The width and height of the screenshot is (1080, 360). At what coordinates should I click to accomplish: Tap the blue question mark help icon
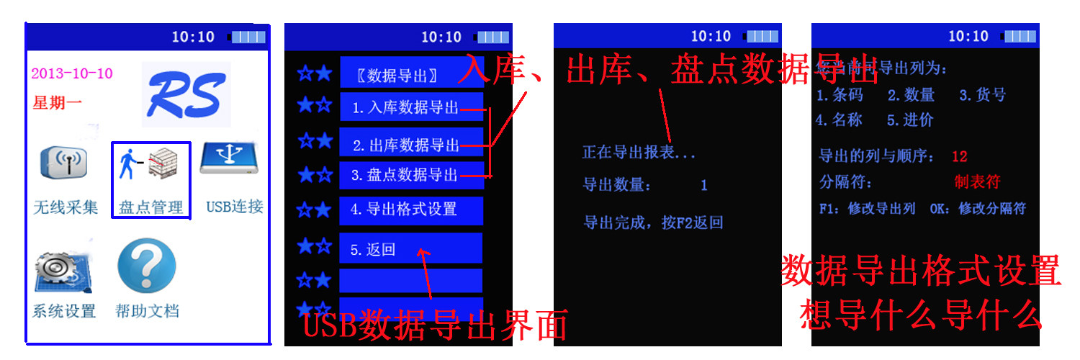point(147,266)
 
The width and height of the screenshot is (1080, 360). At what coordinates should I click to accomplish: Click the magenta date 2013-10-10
point(72,73)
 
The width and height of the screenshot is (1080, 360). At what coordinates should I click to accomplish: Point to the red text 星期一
point(57,103)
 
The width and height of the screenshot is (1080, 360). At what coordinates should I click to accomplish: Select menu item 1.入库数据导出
point(410,108)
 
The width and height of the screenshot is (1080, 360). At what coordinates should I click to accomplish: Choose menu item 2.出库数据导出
point(410,145)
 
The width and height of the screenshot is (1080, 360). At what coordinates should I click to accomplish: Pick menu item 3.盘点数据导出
point(410,175)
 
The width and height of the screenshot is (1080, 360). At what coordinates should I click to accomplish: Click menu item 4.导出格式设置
point(410,210)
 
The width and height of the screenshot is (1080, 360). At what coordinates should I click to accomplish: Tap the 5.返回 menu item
point(410,249)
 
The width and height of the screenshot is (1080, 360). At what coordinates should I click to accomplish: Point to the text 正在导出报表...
point(639,153)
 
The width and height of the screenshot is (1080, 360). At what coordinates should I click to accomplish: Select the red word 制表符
point(977,181)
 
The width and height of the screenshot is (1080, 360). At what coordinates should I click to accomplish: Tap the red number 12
point(959,156)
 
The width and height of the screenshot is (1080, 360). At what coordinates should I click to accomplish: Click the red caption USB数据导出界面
point(435,325)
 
